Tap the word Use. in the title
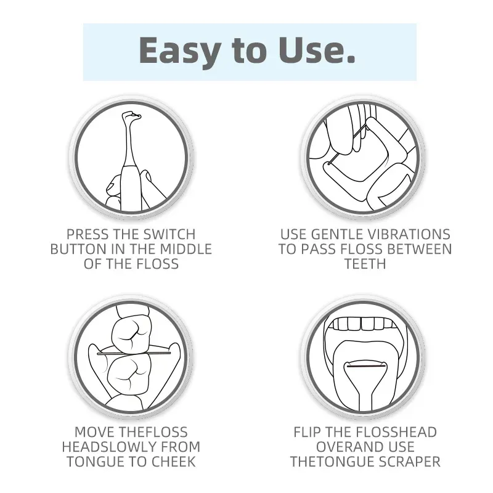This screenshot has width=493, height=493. (317, 50)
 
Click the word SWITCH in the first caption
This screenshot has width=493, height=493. (169, 234)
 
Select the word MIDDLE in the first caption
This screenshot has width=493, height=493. (186, 249)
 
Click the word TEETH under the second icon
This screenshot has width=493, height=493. (365, 264)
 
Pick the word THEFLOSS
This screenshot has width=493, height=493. (153, 432)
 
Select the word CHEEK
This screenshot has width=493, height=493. (174, 462)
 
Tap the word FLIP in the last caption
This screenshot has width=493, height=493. (307, 432)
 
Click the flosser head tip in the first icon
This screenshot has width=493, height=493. (132, 115)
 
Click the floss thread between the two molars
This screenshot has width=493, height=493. (134, 353)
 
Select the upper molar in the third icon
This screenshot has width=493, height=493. (131, 333)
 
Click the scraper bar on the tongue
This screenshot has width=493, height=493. (365, 366)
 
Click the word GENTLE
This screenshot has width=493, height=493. (338, 234)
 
